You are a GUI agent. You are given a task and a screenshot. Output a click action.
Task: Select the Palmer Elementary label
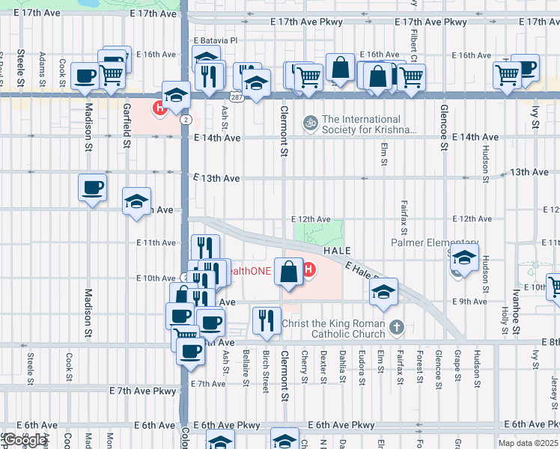[434, 243]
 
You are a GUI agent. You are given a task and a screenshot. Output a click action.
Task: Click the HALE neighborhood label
[338, 251]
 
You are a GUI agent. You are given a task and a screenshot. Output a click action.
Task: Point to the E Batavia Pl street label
[215, 40]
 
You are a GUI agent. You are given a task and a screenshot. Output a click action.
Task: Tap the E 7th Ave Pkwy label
[143, 391]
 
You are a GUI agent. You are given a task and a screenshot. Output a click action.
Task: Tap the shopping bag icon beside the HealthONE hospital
[288, 271]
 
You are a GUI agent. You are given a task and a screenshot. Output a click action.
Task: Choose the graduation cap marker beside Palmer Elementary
[464, 258]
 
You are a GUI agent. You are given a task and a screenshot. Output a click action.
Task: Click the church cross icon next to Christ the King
[397, 326]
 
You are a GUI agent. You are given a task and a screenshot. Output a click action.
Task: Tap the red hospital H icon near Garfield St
[159, 109]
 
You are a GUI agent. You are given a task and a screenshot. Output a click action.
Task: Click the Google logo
[24, 440]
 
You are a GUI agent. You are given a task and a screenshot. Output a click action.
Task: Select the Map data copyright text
[529, 443]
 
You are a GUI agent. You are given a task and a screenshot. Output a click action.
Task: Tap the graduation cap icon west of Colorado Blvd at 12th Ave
[137, 201]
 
